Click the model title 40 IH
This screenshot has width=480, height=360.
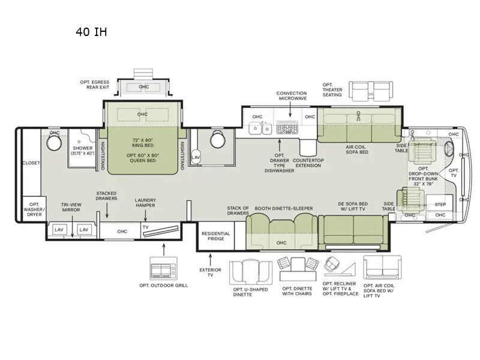tap(91, 32)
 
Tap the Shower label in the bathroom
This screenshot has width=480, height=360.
tap(83, 151)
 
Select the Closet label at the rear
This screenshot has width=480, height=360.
tap(31, 163)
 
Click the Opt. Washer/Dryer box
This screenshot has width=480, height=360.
tap(34, 208)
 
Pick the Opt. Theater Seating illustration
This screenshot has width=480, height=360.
tap(371, 92)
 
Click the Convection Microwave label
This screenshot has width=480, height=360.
tap(292, 96)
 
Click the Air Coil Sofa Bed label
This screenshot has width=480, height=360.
tap(356, 149)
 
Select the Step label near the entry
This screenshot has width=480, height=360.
tap(440, 204)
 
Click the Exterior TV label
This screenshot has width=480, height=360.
tap(210, 273)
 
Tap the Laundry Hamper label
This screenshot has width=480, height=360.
tap(145, 203)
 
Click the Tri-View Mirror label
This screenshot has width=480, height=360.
tap(72, 207)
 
